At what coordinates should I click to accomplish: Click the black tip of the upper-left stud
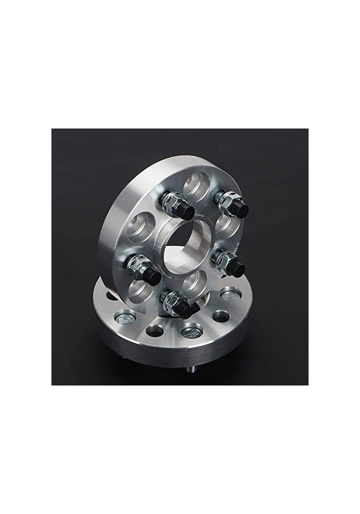coord(185,211)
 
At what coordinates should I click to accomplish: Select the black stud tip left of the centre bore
coord(152,272)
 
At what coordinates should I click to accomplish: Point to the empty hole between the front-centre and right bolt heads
coord(221,315)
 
